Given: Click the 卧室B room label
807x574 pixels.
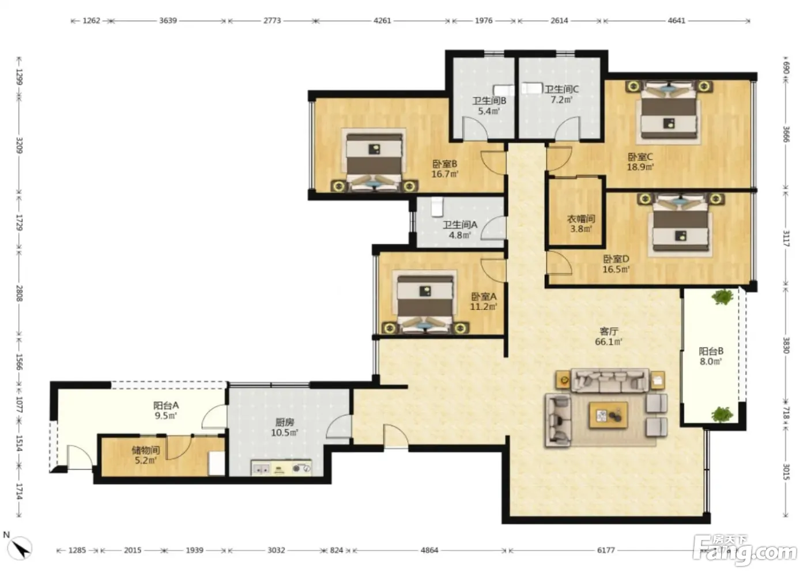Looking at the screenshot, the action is point(445,164).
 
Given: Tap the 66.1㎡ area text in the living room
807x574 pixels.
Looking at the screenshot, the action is point(609,341).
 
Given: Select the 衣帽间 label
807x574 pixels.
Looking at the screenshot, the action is point(581,218).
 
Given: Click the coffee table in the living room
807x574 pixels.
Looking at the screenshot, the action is point(609,416).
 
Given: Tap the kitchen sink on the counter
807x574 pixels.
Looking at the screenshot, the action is point(261,469).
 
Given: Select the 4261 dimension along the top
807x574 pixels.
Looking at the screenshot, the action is point(382,21).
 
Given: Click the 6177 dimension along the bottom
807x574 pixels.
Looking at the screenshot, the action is point(606,550).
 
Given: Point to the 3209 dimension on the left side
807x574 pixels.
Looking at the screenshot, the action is point(20,145).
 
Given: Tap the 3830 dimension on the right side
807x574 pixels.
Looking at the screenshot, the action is point(786,345).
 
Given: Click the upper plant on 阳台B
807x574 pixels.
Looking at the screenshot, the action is point(722,297).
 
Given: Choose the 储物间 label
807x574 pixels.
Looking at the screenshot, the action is point(145,450).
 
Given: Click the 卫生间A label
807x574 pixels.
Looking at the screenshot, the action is point(460,225).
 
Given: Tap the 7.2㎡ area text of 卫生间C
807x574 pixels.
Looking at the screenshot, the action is point(561,99).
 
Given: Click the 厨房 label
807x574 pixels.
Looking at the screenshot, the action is point(285,422).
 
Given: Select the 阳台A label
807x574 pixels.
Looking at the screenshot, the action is point(166,406).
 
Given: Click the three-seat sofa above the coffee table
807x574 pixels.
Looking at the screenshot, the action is point(610,380).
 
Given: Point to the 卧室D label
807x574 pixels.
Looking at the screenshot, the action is point(616,259).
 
